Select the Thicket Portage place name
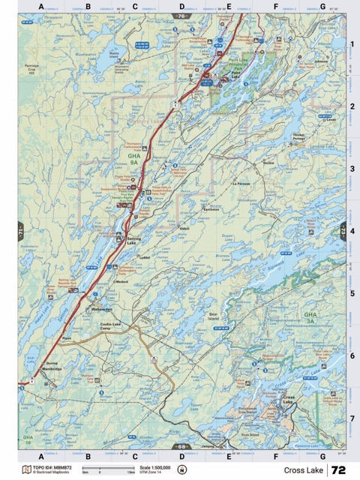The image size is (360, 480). click(299, 138)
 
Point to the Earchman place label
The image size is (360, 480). click(211, 210)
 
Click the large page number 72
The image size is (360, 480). click(338, 470)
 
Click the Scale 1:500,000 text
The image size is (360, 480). click(149, 467)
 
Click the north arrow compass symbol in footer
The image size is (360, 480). click(181, 471)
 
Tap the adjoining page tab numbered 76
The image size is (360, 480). click(181, 15)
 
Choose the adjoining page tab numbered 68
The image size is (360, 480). click(181, 447)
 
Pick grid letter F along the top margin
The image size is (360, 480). click(275, 7)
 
